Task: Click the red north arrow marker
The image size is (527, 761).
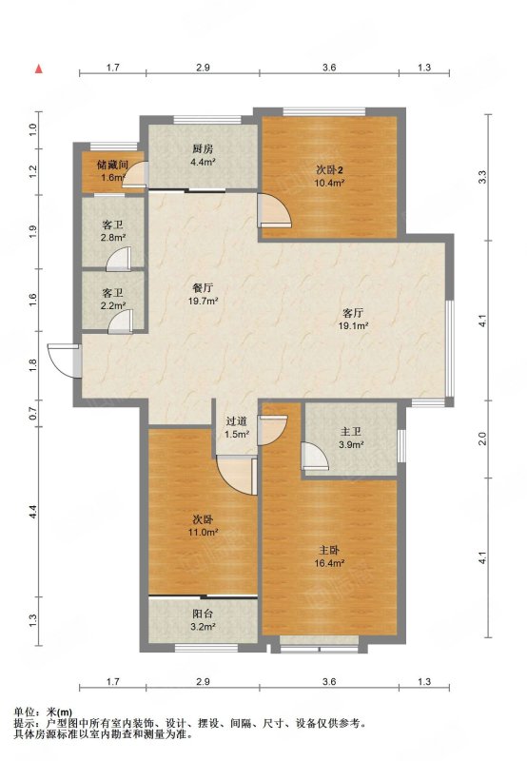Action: [x=39, y=68]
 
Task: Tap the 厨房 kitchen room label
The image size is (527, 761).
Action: [x=203, y=149]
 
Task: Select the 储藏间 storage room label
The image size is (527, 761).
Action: [x=112, y=165]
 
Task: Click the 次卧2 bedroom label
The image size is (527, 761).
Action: [x=330, y=170]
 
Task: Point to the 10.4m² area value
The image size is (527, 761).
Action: [x=330, y=183]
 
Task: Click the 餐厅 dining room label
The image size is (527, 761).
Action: [x=203, y=288]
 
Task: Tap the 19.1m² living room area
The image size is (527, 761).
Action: [x=353, y=325]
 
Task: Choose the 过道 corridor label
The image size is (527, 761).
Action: [x=236, y=421]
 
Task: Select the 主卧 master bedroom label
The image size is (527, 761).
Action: [x=329, y=551]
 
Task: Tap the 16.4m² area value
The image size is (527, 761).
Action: [x=329, y=563]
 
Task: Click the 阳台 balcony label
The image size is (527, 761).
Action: [x=203, y=614]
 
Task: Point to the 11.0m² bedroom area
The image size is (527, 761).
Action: [x=203, y=532]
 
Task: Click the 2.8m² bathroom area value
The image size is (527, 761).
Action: [x=113, y=237]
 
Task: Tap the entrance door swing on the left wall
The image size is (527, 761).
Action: [x=64, y=361]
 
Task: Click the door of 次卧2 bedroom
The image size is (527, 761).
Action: [x=274, y=210]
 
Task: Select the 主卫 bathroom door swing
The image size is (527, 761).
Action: [x=315, y=457]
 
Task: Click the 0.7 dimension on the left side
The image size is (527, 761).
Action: [x=33, y=414]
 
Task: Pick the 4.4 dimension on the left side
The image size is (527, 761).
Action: [x=33, y=512]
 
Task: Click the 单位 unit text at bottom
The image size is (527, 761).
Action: [x=24, y=712]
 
